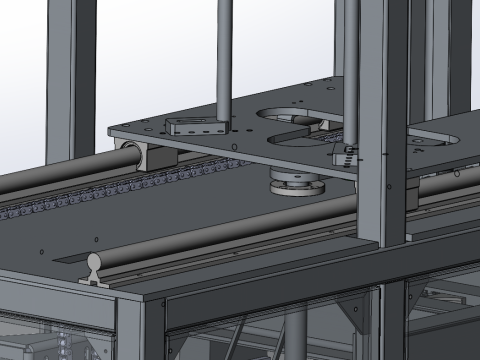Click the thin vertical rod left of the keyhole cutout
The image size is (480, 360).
225,60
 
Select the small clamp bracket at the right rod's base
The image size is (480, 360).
344,153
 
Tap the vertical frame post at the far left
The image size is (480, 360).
70,80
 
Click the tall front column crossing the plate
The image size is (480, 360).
383,120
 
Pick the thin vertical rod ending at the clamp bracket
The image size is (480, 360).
351,70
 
